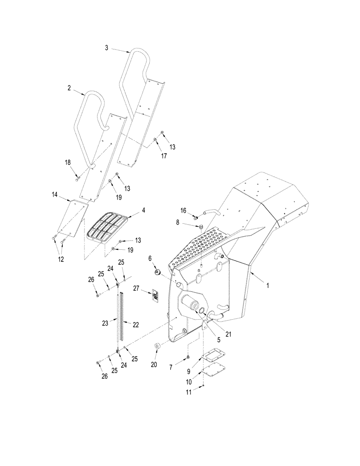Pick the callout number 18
coord(68,162)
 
